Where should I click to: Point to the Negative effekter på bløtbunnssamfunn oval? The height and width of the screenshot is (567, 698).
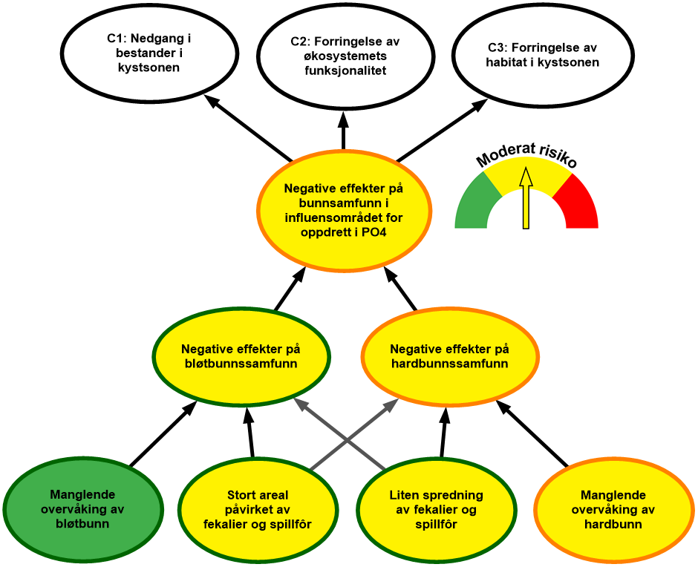241,357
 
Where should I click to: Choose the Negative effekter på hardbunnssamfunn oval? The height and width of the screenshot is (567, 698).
449,357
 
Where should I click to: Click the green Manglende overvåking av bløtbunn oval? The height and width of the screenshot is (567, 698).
83,509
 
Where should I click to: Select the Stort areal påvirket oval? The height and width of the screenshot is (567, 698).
257,509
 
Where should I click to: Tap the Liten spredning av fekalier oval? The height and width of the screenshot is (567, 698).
436,509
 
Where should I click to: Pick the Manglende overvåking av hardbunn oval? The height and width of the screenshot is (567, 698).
613,509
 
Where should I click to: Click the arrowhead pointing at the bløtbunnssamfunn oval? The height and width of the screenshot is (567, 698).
299,403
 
